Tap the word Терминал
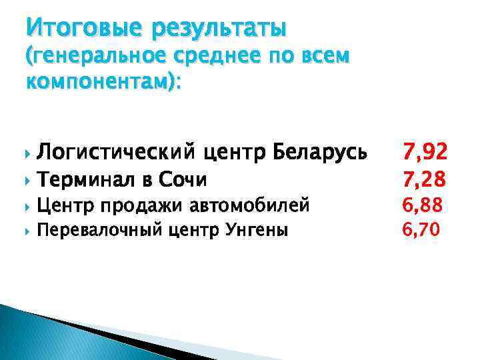(89, 179)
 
